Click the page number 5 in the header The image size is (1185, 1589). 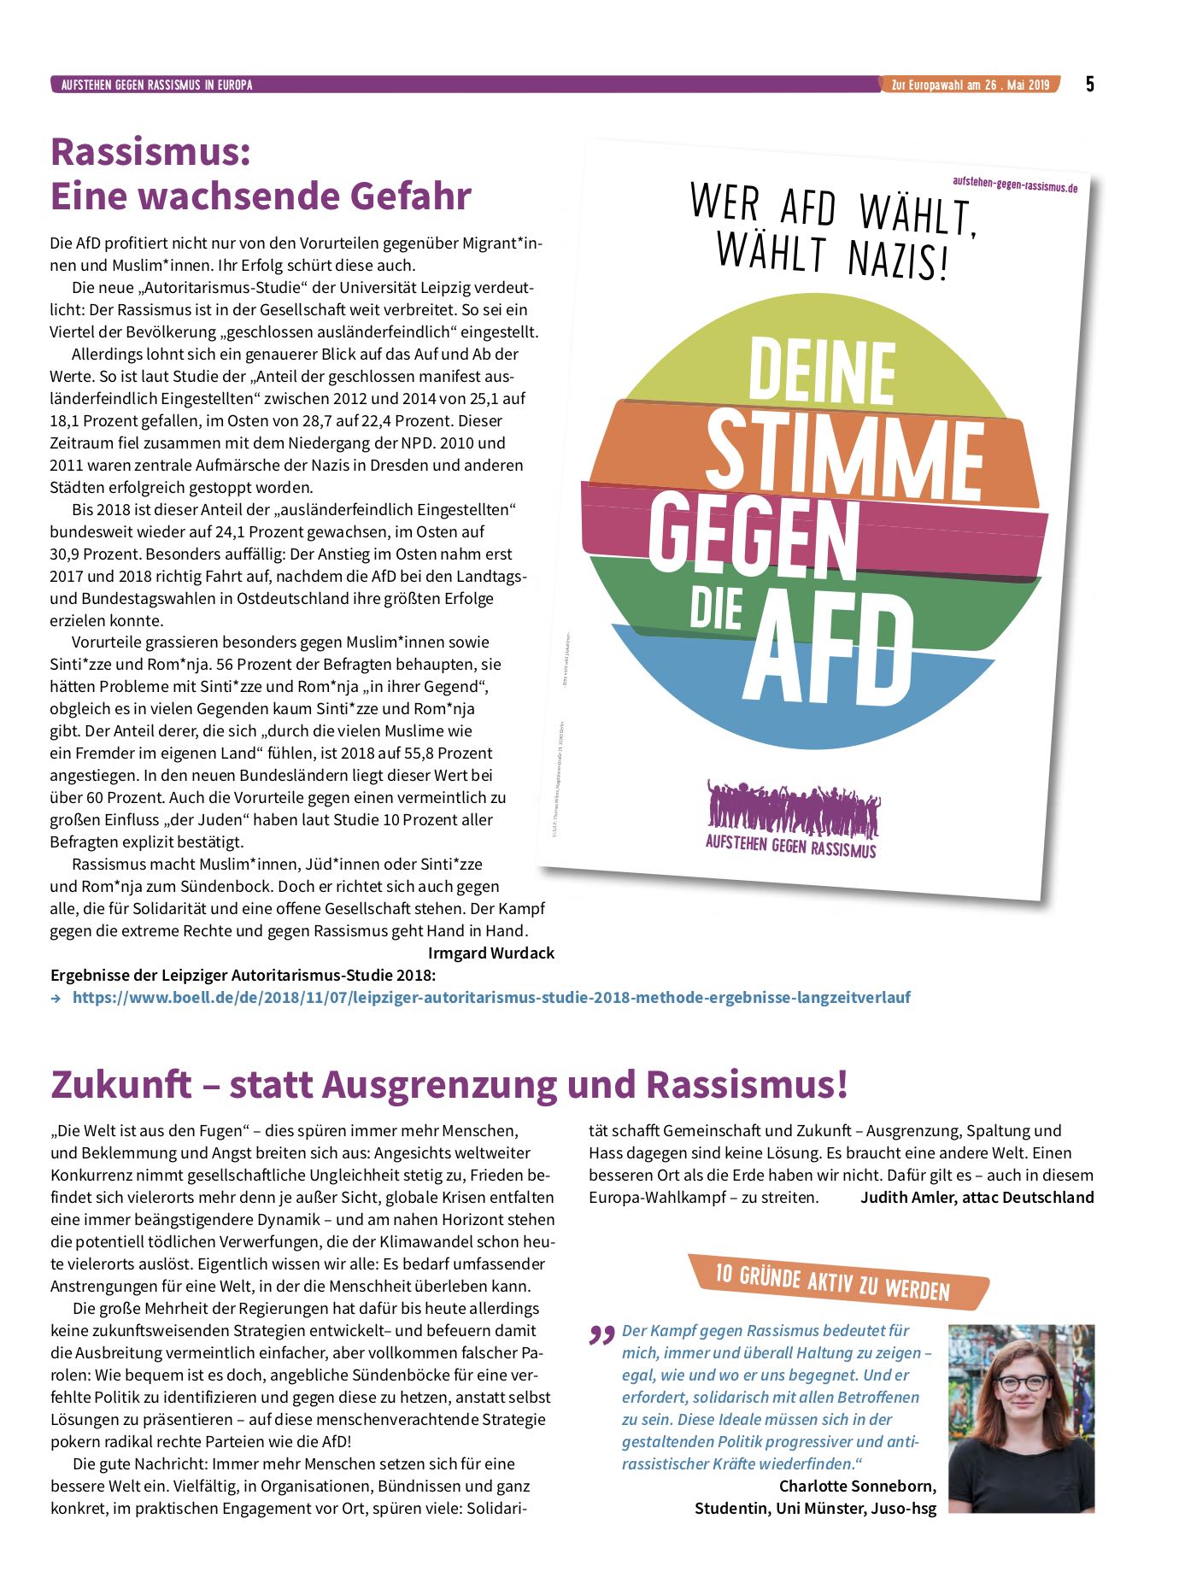pos(1089,84)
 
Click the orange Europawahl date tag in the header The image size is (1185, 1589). pos(970,85)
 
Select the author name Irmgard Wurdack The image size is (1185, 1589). pos(491,953)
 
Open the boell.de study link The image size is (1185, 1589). pos(491,997)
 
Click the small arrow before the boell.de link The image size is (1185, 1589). pos(56,998)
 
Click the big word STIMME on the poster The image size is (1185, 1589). pos(844,451)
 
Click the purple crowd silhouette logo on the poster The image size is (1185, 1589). pos(792,807)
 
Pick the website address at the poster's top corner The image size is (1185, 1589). pos(1014,183)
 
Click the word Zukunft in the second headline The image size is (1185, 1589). pos(121,1084)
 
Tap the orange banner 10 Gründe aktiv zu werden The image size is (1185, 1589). pos(833,1281)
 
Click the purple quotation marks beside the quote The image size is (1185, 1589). pos(602,1334)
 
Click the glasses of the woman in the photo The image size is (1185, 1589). pos(1022,1381)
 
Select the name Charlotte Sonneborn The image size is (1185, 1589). pos(857,1486)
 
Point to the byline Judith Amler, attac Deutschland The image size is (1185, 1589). pos(977,1197)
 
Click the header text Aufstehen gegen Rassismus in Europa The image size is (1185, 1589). pos(156,85)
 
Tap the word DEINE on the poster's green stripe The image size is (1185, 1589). pos(822,370)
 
